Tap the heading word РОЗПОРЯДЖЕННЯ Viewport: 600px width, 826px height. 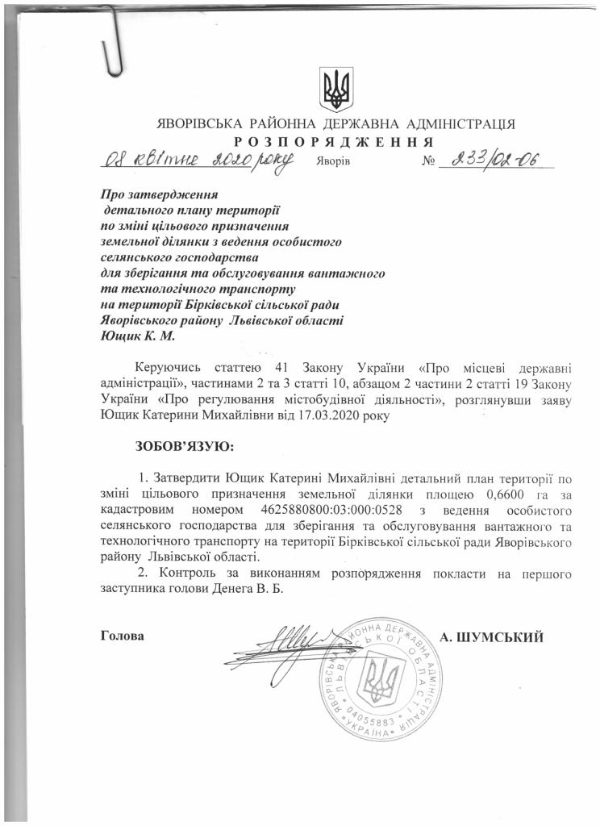tap(335, 143)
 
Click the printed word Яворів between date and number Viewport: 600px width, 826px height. tap(332, 163)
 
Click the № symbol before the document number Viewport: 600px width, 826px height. tap(429, 162)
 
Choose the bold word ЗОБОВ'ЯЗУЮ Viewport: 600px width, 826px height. tap(185, 445)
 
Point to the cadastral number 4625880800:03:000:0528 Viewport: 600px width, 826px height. tap(333, 511)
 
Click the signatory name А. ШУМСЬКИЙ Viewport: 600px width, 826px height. tap(492, 637)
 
